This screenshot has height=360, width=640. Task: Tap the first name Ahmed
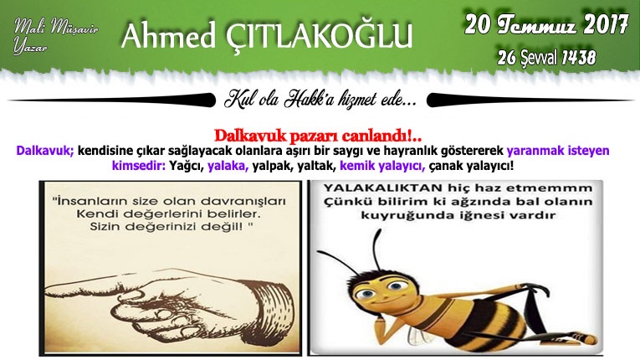[168, 35]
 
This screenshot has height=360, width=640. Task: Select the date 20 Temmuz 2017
[546, 25]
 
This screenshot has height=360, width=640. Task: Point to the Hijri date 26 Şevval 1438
[546, 58]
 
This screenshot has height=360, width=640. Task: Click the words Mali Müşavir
[56, 27]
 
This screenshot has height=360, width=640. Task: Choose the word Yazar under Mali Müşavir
[30, 46]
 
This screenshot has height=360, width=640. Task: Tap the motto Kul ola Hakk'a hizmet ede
[320, 100]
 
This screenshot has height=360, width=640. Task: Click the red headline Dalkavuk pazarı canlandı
[318, 136]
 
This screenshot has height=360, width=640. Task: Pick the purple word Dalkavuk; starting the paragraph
[45, 151]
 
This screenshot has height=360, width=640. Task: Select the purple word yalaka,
[228, 166]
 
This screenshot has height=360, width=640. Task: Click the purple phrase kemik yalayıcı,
[382, 167]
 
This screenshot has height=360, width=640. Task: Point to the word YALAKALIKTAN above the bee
[383, 188]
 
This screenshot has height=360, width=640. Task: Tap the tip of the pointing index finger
[46, 291]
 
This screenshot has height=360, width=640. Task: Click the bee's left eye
[366, 293]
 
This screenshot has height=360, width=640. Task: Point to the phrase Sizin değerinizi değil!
[170, 226]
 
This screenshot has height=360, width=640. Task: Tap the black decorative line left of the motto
[111, 100]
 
